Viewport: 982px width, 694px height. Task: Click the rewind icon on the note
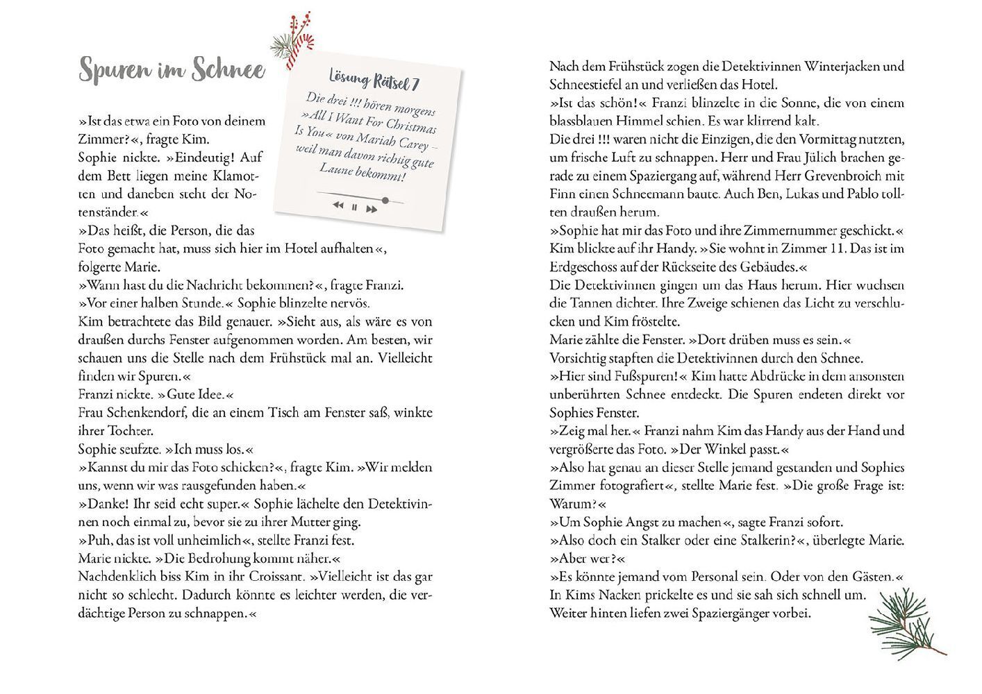pos(338,205)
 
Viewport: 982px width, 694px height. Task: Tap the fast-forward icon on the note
pos(372,209)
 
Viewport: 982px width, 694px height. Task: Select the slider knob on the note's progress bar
pos(385,201)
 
